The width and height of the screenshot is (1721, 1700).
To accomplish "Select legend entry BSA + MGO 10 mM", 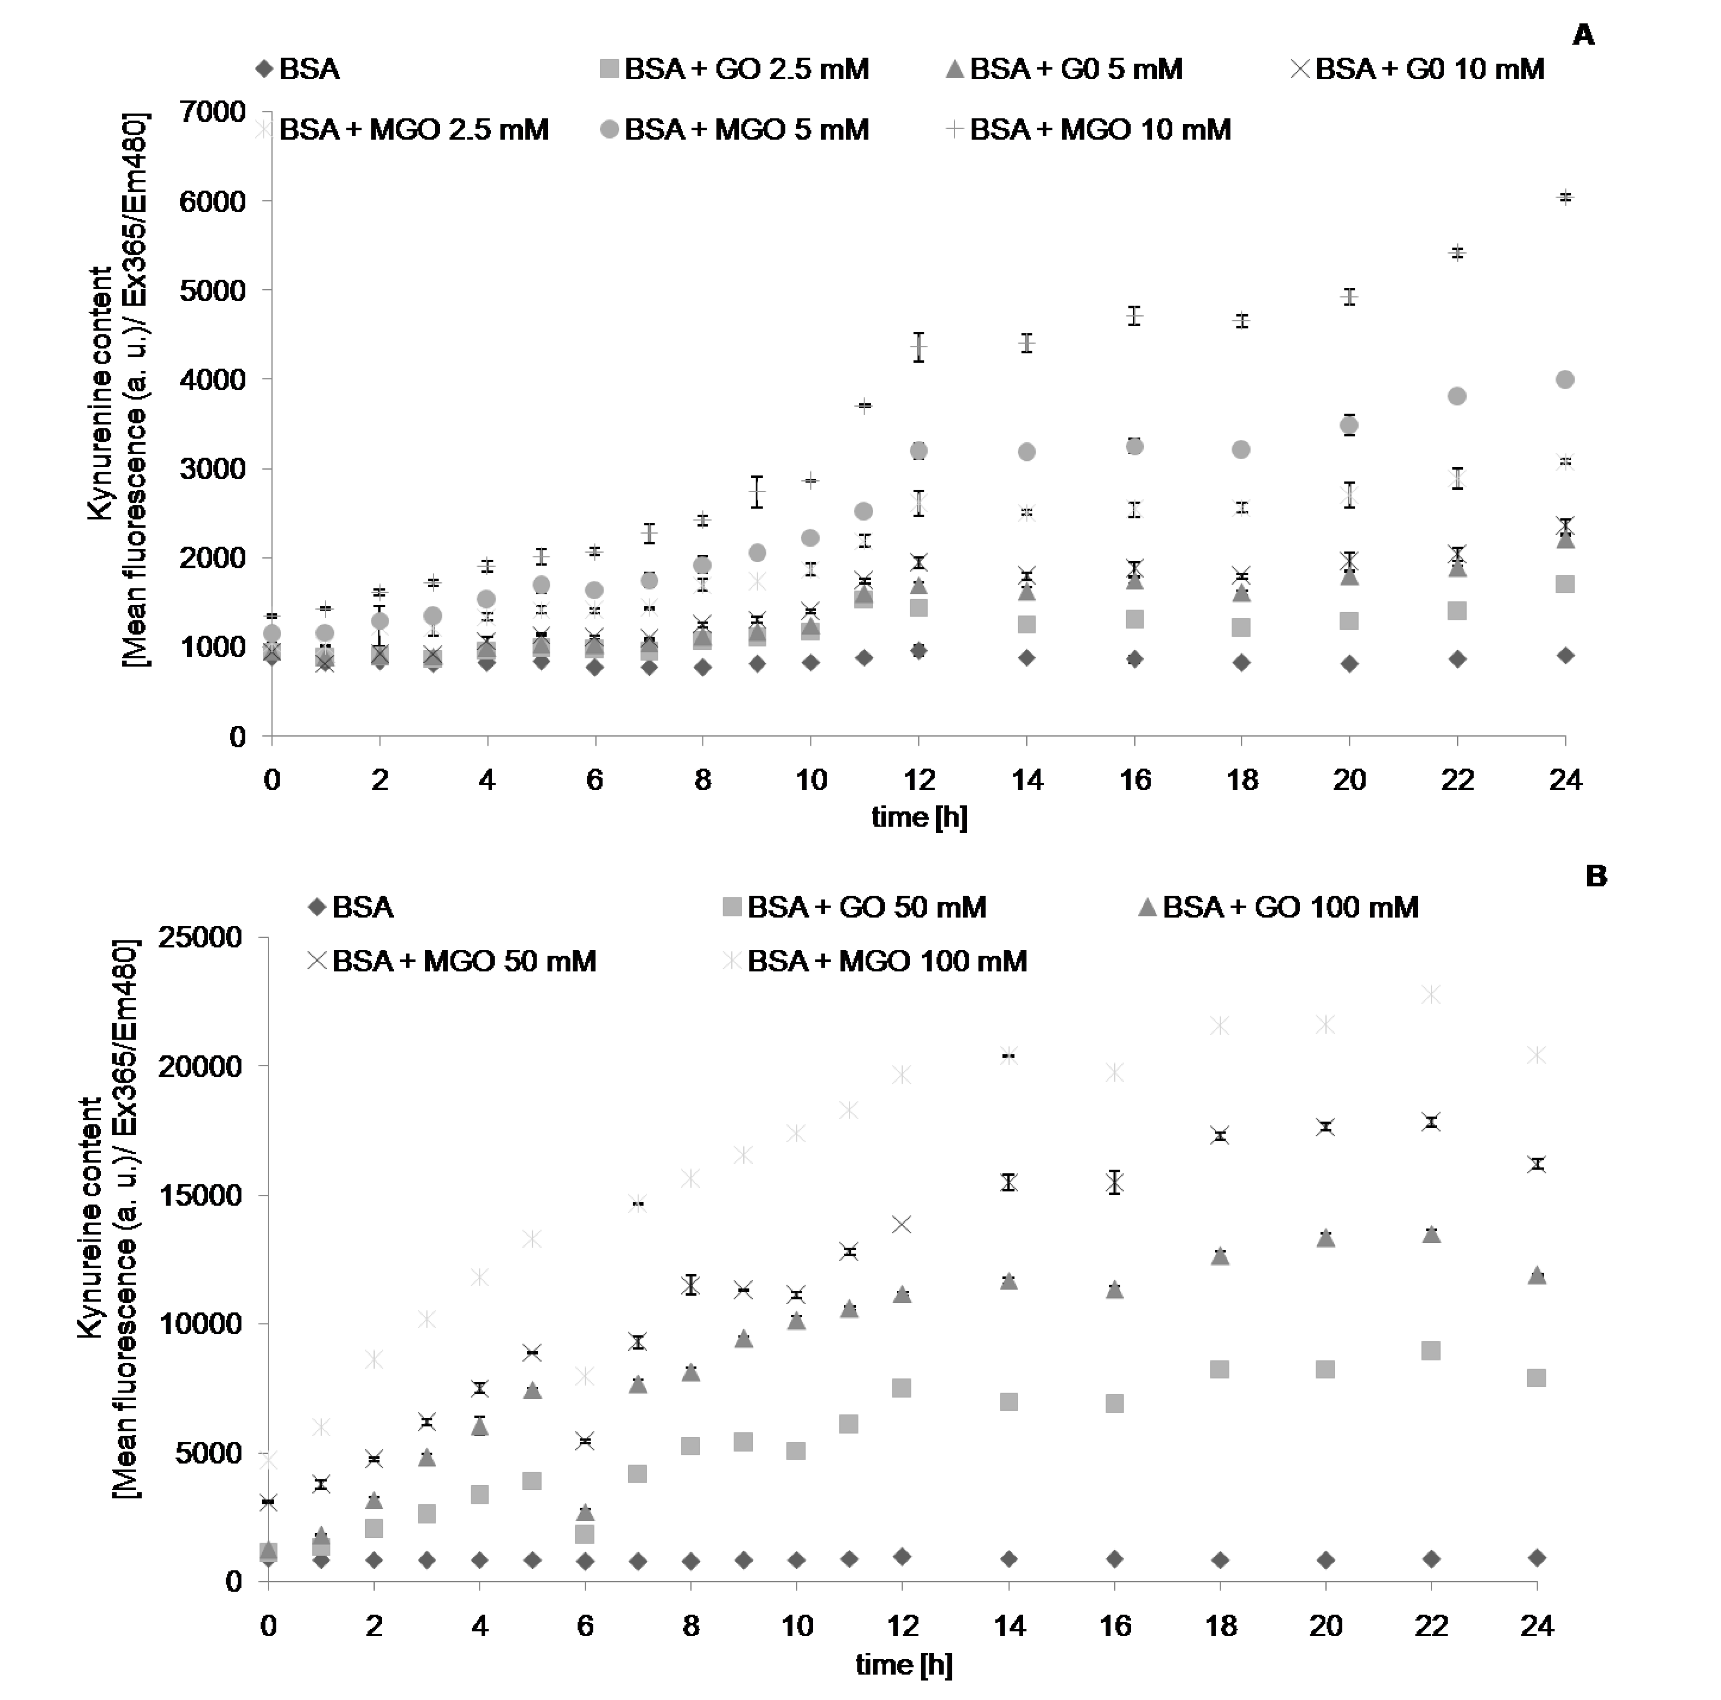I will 1099,130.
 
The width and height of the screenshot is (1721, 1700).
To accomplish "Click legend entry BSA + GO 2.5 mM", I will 746,70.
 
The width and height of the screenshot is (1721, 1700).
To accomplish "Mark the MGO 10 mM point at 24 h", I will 1565,198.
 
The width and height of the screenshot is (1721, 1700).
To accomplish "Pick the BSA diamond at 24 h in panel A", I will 1565,655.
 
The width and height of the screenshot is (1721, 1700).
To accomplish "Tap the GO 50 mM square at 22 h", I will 1431,1351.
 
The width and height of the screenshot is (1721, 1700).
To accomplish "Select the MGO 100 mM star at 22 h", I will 1431,994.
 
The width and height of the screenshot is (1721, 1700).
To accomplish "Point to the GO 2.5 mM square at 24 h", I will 1565,584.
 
